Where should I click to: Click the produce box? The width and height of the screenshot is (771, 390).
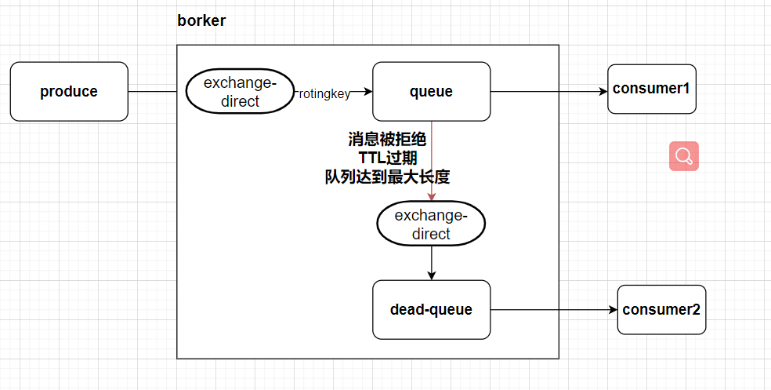pyautogui.click(x=69, y=92)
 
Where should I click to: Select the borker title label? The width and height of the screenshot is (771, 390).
pyautogui.click(x=201, y=21)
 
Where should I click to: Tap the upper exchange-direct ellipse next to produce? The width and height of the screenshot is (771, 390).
pyautogui.click(x=238, y=92)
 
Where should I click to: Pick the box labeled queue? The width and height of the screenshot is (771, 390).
pyautogui.click(x=431, y=92)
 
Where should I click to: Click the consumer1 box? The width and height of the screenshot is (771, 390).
pyautogui.click(x=651, y=89)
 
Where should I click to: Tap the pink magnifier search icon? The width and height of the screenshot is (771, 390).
pyautogui.click(x=683, y=156)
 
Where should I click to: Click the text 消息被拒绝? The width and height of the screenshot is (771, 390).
pyautogui.click(x=387, y=140)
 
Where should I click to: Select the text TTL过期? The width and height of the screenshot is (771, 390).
pyautogui.click(x=387, y=158)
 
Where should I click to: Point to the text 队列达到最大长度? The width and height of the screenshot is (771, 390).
pyautogui.click(x=387, y=177)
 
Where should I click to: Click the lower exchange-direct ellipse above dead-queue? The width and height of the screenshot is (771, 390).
pyautogui.click(x=431, y=224)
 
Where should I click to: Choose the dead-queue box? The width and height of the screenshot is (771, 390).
pyautogui.click(x=431, y=309)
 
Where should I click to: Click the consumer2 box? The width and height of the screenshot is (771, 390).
pyautogui.click(x=661, y=309)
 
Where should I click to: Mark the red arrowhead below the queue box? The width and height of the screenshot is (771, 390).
pyautogui.click(x=431, y=197)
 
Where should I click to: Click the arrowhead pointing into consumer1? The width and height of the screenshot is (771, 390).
pyautogui.click(x=603, y=92)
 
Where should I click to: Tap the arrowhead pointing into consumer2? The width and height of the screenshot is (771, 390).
pyautogui.click(x=613, y=309)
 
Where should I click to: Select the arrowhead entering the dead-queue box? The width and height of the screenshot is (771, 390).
pyautogui.click(x=431, y=275)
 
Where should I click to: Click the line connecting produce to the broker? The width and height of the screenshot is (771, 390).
pyautogui.click(x=153, y=92)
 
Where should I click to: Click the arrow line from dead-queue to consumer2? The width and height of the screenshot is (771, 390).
pyautogui.click(x=548, y=309)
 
